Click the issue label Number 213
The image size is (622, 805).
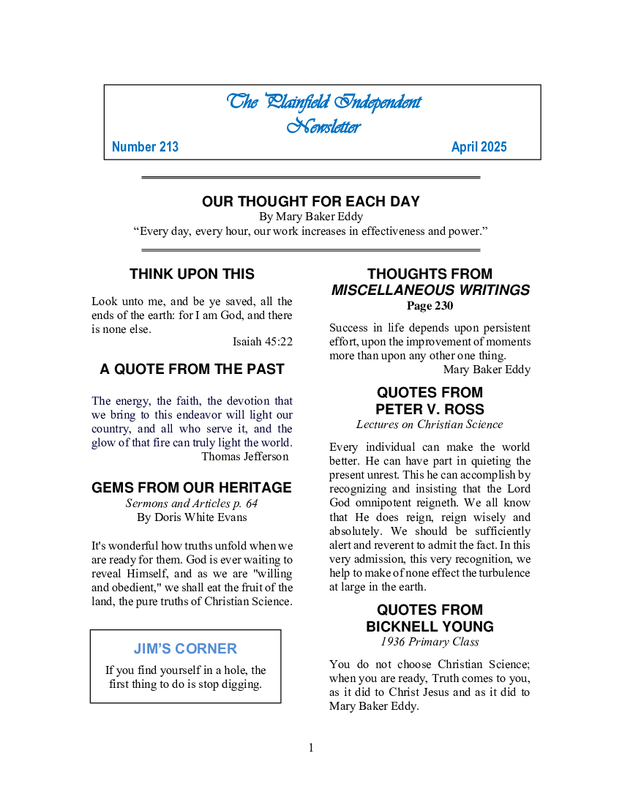pyautogui.click(x=145, y=147)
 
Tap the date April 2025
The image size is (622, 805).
pyautogui.click(x=479, y=147)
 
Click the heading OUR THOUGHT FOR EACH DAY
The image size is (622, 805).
pyautogui.click(x=311, y=201)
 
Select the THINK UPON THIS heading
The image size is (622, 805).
pyautogui.click(x=192, y=274)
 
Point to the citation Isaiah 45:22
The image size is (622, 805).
pyautogui.click(x=262, y=342)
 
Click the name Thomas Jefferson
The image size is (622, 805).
pyautogui.click(x=244, y=457)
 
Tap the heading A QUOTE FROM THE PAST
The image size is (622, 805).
pyautogui.click(x=192, y=370)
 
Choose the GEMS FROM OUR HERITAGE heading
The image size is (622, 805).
pyautogui.click(x=192, y=488)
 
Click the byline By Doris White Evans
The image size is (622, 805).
pyautogui.click(x=192, y=517)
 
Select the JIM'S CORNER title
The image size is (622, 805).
pyautogui.click(x=185, y=649)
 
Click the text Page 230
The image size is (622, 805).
pyautogui.click(x=430, y=306)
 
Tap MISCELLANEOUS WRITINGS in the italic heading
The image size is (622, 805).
pyautogui.click(x=430, y=291)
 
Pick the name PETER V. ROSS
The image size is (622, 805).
pyautogui.click(x=430, y=409)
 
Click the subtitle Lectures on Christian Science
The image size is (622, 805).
pyautogui.click(x=430, y=424)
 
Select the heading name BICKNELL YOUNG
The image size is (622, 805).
pyautogui.click(x=430, y=626)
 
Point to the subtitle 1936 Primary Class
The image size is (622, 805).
pyautogui.click(x=430, y=642)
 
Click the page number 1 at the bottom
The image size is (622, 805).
pyautogui.click(x=311, y=747)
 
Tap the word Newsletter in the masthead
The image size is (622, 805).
pyautogui.click(x=323, y=127)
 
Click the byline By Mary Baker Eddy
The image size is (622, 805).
pyautogui.click(x=311, y=217)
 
